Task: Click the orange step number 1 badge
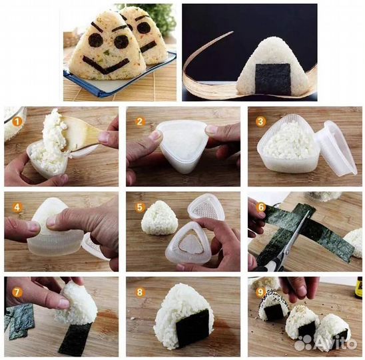pos(17,121)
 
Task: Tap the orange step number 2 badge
pos(139,121)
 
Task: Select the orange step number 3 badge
pos(260,121)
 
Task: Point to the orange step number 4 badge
pos(17,207)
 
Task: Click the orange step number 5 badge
pos(139,207)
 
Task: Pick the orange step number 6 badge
pos(261,207)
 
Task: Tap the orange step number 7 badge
pos(17,292)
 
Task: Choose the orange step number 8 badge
pos(139,292)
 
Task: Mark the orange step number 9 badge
pos(261,292)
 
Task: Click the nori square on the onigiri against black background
pos(273,79)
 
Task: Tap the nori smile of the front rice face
pos(106,65)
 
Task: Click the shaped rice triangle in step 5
pos(159,217)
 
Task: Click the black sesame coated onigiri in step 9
pos(274,305)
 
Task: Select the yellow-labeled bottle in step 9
pos(359,288)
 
